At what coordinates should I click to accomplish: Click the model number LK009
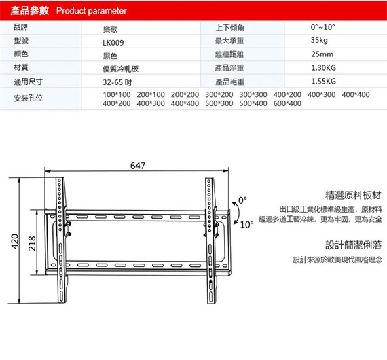113,43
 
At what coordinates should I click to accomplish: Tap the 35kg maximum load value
319,40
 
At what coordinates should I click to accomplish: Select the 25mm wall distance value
322,54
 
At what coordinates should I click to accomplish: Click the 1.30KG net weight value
323,68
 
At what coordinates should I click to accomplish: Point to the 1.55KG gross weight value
323,81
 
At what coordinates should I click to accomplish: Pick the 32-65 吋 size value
117,82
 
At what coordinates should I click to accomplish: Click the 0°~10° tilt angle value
322,27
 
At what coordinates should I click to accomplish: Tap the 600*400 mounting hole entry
287,103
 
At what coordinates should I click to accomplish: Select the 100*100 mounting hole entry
117,94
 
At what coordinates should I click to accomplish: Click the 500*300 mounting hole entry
219,103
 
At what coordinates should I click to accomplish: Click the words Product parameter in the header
92,11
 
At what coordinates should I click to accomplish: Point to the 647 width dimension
138,166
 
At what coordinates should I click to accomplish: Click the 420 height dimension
15,241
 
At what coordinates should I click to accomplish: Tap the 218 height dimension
32,243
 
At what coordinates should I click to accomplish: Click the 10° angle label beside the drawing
246,225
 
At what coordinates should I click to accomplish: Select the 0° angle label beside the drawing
242,200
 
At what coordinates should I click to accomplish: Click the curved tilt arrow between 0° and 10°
238,213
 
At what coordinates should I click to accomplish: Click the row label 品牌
20,27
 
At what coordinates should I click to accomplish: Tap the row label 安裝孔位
28,98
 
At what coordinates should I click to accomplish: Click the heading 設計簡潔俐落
353,245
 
